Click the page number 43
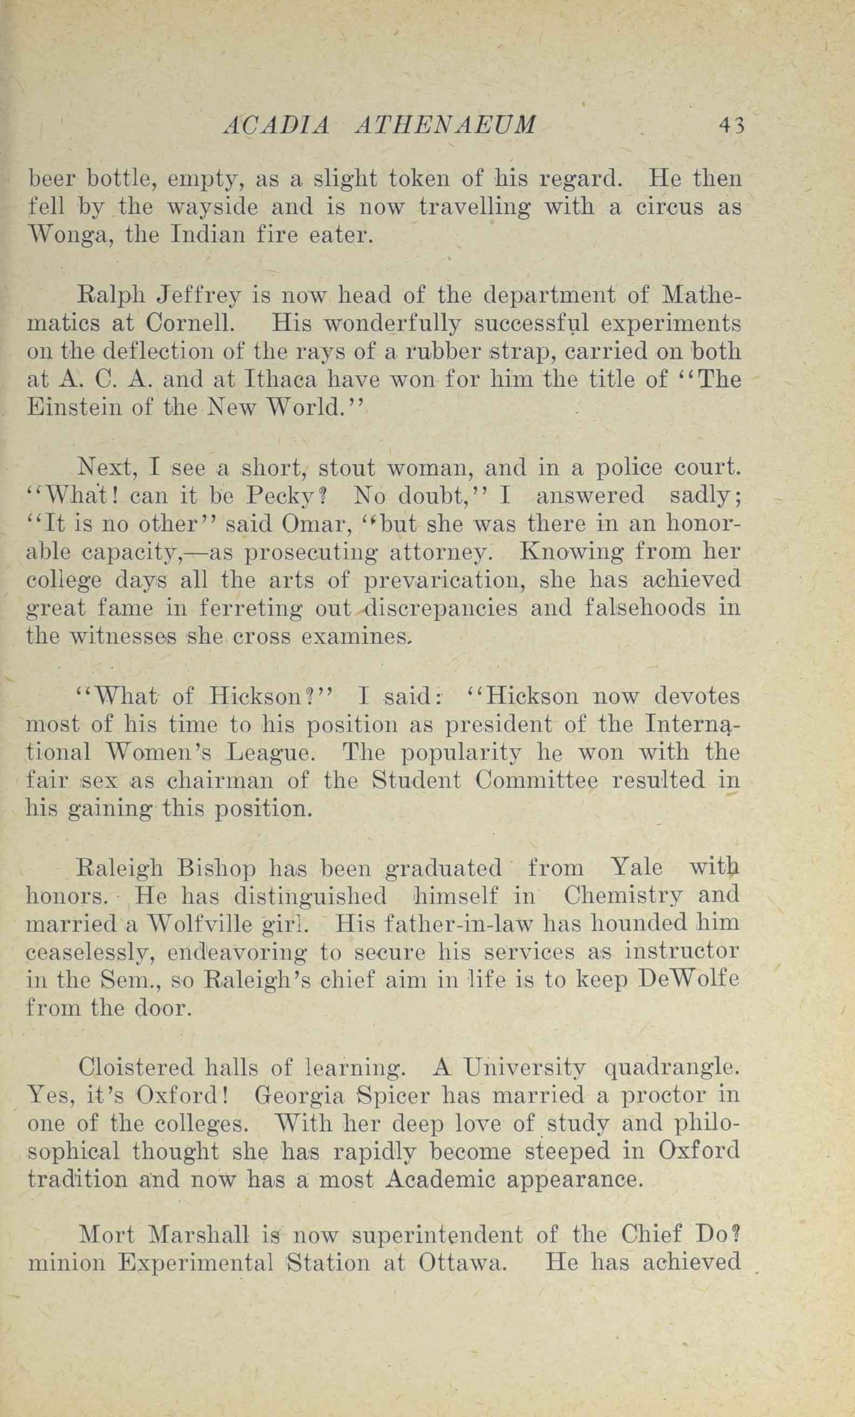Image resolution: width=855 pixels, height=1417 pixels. [731, 125]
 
